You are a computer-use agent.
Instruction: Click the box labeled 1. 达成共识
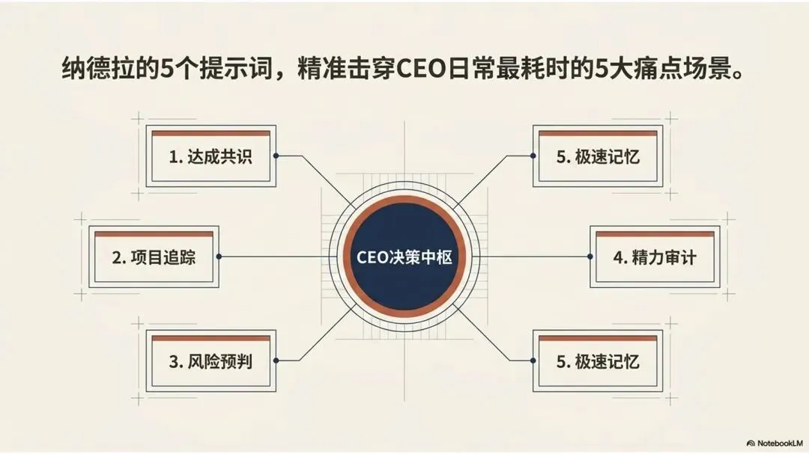tap(210, 157)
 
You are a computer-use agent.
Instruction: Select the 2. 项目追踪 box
tap(154, 257)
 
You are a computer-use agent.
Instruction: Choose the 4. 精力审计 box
tap(655, 257)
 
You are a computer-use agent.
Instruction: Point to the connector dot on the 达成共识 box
tap(276, 156)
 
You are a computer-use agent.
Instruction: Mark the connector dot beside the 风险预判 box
tap(276, 361)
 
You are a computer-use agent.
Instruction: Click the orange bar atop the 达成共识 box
tap(210, 135)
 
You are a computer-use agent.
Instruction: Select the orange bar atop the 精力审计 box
tap(655, 234)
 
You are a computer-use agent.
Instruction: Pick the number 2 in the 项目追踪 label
tap(117, 257)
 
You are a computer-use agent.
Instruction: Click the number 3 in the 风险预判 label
tap(173, 362)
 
